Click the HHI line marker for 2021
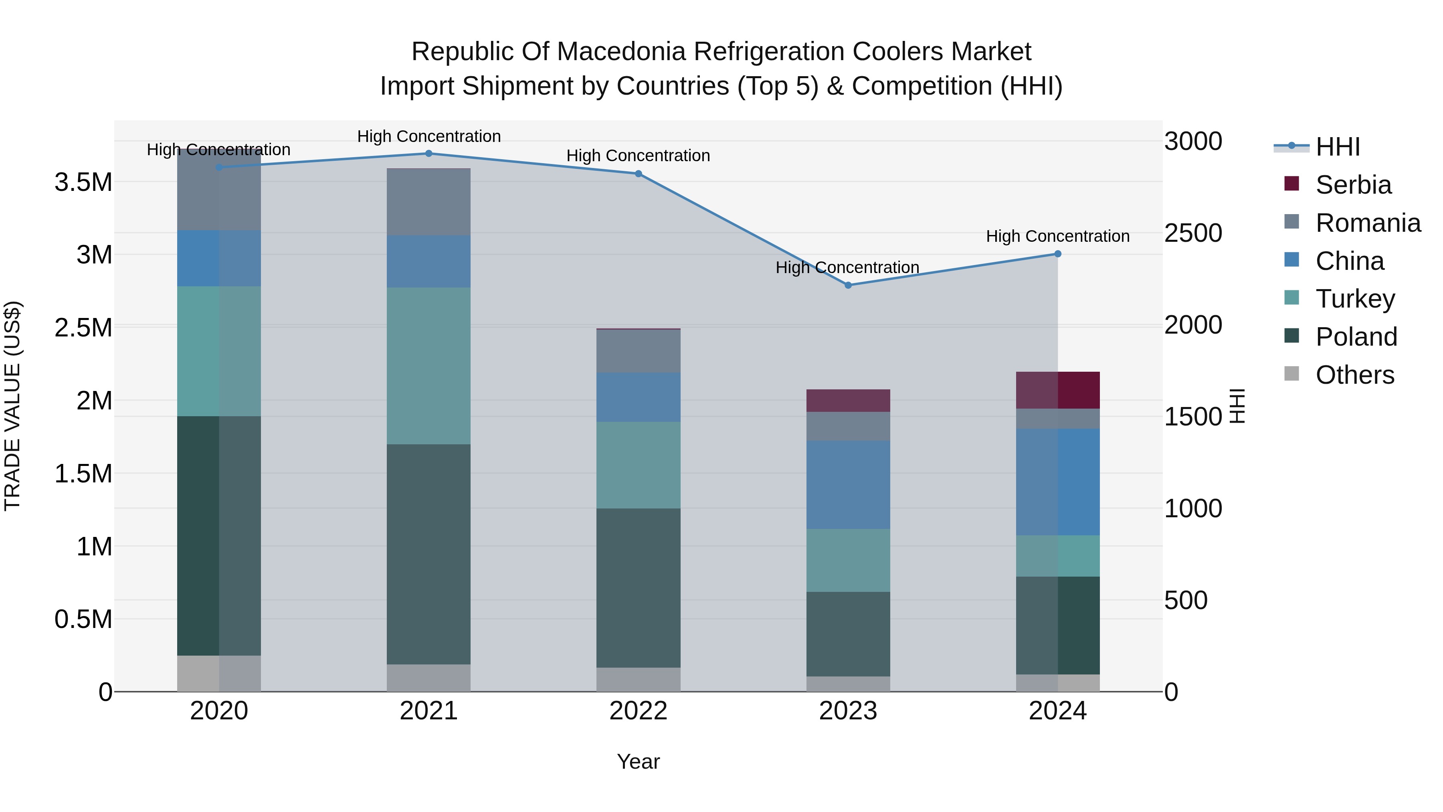point(428,153)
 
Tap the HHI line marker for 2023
point(848,285)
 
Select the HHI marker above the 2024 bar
point(1058,254)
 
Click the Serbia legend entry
point(1353,185)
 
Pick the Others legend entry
point(1354,375)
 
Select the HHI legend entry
point(1337,147)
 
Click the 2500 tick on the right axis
point(1193,233)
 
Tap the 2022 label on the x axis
point(638,711)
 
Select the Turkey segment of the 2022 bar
point(638,465)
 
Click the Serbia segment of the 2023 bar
point(848,401)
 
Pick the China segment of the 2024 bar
point(1058,482)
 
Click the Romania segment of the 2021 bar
point(428,202)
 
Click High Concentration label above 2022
point(638,156)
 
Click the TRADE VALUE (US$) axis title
point(13,406)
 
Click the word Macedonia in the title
point(623,52)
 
